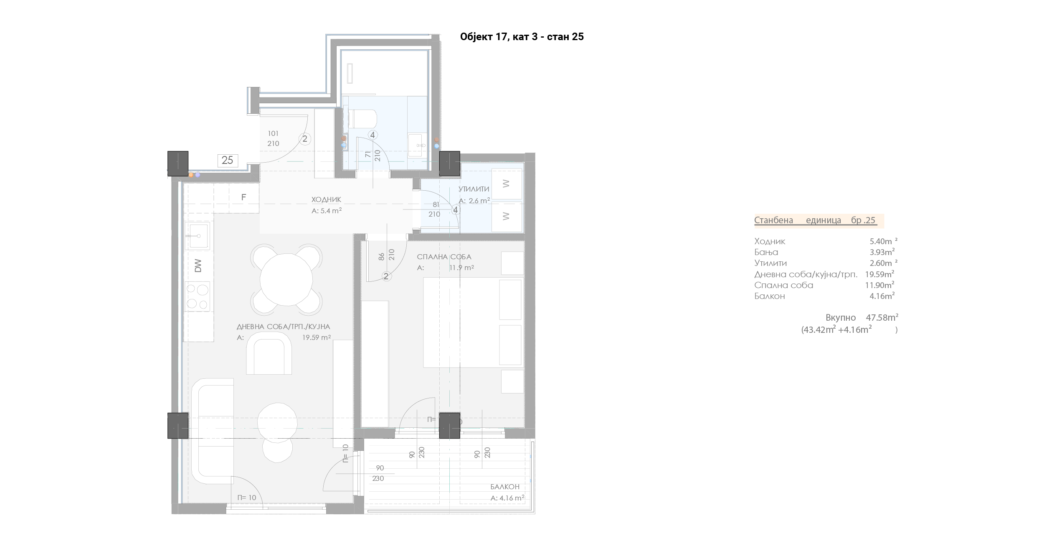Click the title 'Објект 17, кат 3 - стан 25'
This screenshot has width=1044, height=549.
[x=522, y=37]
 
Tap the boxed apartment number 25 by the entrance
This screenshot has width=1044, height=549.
[x=228, y=160]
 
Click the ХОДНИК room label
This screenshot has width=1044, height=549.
[x=326, y=200]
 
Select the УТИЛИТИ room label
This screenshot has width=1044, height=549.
[x=474, y=189]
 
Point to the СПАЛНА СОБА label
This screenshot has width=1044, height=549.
[x=444, y=257]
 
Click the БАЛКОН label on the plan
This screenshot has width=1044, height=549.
[x=505, y=487]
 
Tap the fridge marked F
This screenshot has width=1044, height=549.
[x=244, y=197]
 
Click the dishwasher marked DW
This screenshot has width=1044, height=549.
[x=199, y=265]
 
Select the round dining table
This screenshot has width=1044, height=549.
[x=286, y=280]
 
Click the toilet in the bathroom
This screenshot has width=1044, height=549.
[x=362, y=119]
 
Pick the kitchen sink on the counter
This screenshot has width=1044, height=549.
[x=199, y=236]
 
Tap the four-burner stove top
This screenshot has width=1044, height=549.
[x=198, y=296]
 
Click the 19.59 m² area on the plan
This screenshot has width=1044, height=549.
[x=317, y=337]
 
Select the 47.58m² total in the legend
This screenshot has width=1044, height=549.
[x=882, y=317]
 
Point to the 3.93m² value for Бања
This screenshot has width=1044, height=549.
[x=882, y=252]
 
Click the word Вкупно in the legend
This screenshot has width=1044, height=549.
[x=841, y=318]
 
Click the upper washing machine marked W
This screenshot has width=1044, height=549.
[x=507, y=184]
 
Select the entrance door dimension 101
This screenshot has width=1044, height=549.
[x=273, y=133]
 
